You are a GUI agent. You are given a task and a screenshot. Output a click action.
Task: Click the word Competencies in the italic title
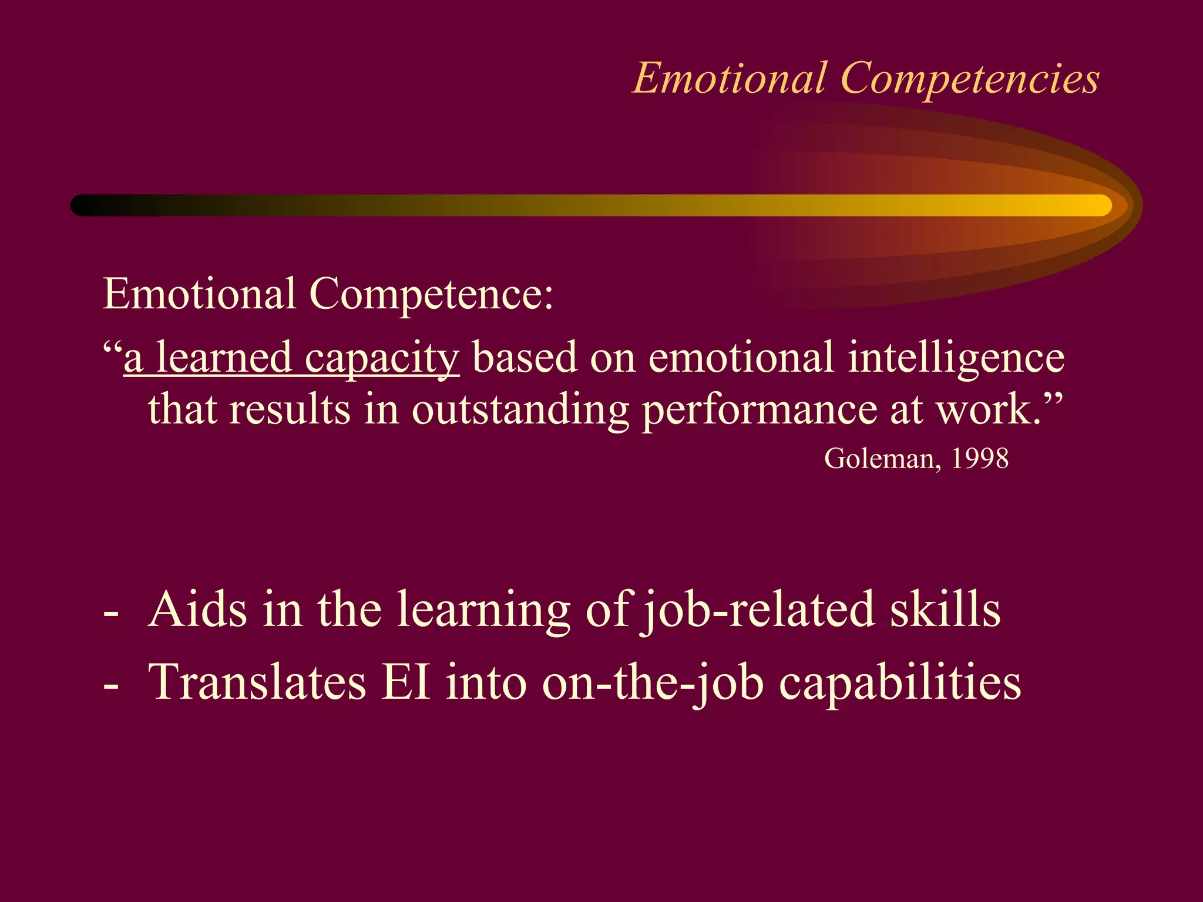click(x=970, y=78)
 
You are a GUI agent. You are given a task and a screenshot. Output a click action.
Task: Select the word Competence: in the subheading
click(x=431, y=294)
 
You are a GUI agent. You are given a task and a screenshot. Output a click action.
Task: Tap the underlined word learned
click(x=224, y=358)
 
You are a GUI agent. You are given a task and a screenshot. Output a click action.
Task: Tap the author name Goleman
click(x=879, y=459)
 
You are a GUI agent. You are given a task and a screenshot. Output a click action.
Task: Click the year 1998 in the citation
click(x=980, y=459)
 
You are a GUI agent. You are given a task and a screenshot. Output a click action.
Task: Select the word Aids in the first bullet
click(x=198, y=610)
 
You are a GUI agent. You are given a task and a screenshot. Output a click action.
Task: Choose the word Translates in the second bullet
click(x=257, y=682)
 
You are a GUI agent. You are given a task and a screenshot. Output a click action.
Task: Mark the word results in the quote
click(x=290, y=409)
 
